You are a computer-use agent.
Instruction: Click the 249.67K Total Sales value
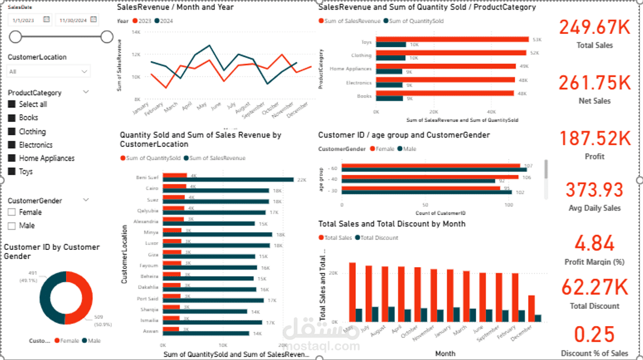click(x=594, y=27)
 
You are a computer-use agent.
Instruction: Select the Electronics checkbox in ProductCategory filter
click(x=12, y=145)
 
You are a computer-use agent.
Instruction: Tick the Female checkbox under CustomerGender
click(x=12, y=212)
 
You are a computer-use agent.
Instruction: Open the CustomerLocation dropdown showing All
click(x=49, y=71)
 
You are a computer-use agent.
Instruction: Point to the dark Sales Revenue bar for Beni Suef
click(x=228, y=180)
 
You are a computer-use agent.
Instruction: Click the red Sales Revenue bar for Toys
click(x=452, y=39)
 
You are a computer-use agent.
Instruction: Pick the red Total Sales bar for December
click(x=531, y=308)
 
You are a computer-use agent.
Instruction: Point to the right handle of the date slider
click(x=107, y=37)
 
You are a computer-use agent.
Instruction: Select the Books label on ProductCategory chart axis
click(x=364, y=96)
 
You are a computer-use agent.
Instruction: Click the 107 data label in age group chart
click(x=528, y=165)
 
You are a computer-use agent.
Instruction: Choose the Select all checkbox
click(x=12, y=104)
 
